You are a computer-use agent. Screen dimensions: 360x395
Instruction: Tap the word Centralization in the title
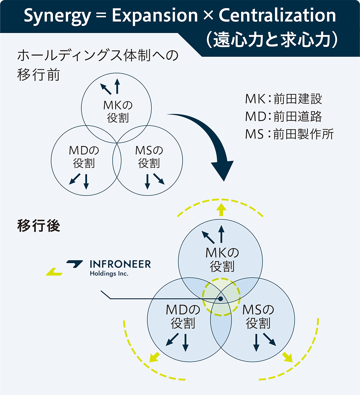click(277, 15)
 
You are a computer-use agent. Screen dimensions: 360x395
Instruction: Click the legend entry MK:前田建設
click(284, 99)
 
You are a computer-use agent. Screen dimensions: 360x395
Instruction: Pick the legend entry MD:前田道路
click(284, 117)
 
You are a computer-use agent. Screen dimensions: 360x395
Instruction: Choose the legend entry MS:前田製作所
click(289, 134)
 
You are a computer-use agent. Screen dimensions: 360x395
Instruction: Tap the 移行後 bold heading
click(39, 226)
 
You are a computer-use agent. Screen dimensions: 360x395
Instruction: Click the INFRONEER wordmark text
click(120, 264)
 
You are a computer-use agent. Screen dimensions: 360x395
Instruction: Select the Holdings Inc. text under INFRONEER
click(109, 273)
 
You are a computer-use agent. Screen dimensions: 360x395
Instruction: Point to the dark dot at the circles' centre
click(221, 299)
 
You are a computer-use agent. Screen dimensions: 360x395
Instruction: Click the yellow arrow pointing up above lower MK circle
click(221, 210)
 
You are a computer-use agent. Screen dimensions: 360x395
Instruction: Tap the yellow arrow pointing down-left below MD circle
click(154, 357)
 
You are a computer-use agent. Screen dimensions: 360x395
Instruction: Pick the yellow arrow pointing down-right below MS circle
click(287, 357)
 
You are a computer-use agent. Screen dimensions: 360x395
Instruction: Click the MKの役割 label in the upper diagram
click(118, 112)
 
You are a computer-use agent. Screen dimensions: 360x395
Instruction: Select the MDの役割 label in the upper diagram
click(84, 157)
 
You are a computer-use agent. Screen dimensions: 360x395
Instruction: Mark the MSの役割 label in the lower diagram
click(258, 317)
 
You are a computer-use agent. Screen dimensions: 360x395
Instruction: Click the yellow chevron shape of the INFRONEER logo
click(54, 272)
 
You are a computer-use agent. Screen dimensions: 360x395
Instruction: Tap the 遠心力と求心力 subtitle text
click(272, 40)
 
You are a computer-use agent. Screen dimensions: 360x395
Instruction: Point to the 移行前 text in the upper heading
click(39, 75)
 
